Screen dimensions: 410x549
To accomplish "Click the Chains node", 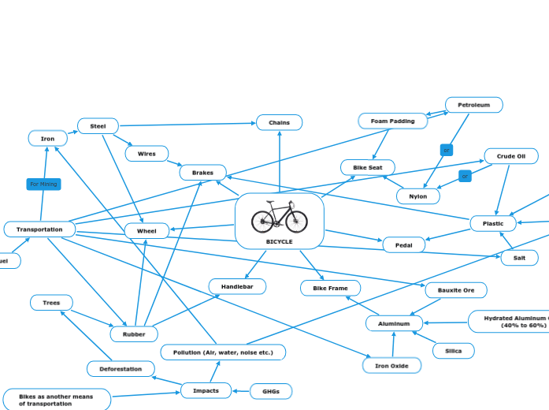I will pyautogui.click(x=279, y=122).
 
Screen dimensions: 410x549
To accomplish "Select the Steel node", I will pyautogui.click(x=98, y=126).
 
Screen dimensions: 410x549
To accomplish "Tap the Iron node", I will pyautogui.click(x=48, y=139).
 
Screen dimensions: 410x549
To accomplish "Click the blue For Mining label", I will pyautogui.click(x=43, y=184).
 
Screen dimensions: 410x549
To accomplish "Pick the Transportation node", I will pyautogui.click(x=39, y=229).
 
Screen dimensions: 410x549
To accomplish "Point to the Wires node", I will pyautogui.click(x=147, y=154).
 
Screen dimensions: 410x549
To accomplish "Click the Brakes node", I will pyautogui.click(x=202, y=173).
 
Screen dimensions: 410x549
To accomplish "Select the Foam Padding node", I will pyautogui.click(x=393, y=121).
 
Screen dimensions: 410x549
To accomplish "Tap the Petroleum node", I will pyautogui.click(x=473, y=105).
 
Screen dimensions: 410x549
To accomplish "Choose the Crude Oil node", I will pyautogui.click(x=511, y=156).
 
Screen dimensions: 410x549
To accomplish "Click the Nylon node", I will pyautogui.click(x=418, y=196).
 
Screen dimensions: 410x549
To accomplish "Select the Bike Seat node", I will pyautogui.click(x=368, y=168).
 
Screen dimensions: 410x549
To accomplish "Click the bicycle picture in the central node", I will pyautogui.click(x=280, y=217).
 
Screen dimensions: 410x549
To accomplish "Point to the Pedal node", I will pyautogui.click(x=403, y=245).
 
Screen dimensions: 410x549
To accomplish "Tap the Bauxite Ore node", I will pyautogui.click(x=456, y=290).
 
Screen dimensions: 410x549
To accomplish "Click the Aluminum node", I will pyautogui.click(x=394, y=323).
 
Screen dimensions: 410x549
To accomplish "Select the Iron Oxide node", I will pyautogui.click(x=391, y=366).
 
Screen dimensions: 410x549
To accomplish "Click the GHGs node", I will pyautogui.click(x=271, y=391).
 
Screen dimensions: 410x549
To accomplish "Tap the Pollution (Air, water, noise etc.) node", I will pyautogui.click(x=223, y=352).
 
